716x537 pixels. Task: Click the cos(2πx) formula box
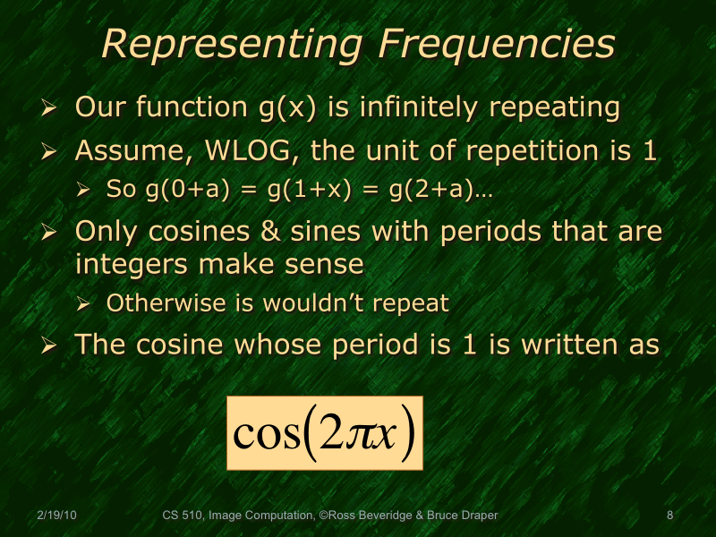[x=324, y=430]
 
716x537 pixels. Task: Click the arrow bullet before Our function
[x=51, y=108]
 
